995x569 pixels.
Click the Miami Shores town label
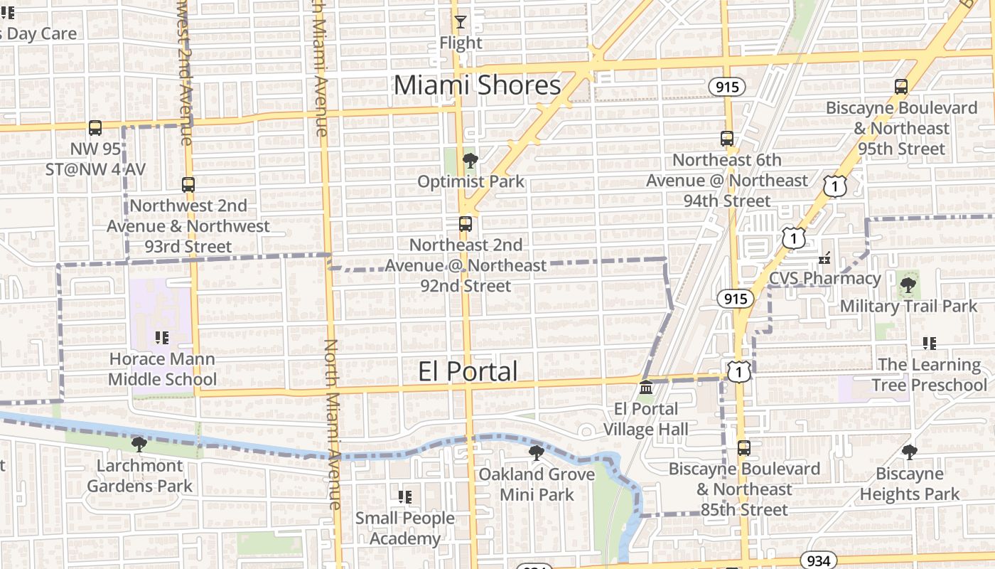click(477, 85)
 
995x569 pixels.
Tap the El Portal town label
click(468, 371)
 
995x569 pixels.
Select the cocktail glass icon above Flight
click(461, 22)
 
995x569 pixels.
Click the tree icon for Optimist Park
click(470, 161)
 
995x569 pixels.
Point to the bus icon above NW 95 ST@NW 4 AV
click(95, 128)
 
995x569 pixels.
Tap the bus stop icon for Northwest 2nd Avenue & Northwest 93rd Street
click(188, 185)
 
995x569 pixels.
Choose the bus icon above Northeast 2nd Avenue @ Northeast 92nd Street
click(466, 224)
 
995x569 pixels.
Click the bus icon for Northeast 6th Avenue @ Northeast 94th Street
click(726, 139)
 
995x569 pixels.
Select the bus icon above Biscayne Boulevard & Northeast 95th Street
click(901, 87)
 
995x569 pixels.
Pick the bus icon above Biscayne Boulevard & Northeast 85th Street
click(744, 448)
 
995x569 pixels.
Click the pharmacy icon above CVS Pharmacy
click(825, 257)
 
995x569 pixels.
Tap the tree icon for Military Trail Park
click(908, 285)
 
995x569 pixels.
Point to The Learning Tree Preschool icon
click(929, 344)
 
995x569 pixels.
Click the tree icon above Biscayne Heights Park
click(910, 452)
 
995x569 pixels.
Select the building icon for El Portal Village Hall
click(646, 388)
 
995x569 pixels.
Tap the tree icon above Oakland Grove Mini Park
click(537, 453)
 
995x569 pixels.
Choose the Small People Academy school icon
click(405, 497)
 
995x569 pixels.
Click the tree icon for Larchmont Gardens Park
click(139, 445)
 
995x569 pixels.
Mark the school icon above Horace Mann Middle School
click(162, 338)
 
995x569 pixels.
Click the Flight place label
click(461, 43)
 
